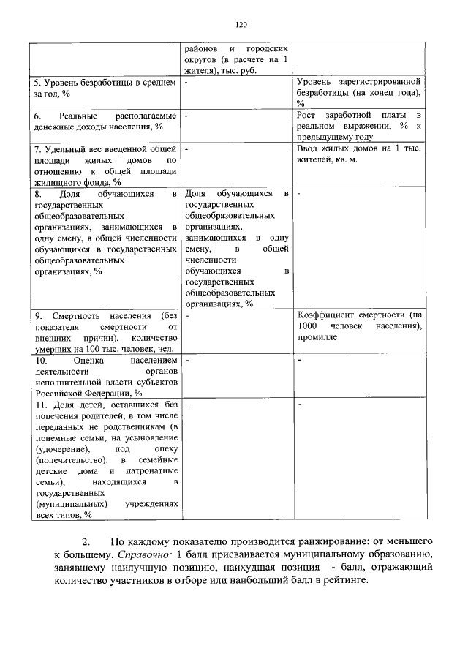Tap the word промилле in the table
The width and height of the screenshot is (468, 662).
coord(317,338)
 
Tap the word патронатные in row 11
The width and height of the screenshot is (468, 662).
coord(152,470)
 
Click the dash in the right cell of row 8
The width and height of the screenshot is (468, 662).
coord(300,194)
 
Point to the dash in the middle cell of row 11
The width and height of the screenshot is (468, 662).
coord(187,404)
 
